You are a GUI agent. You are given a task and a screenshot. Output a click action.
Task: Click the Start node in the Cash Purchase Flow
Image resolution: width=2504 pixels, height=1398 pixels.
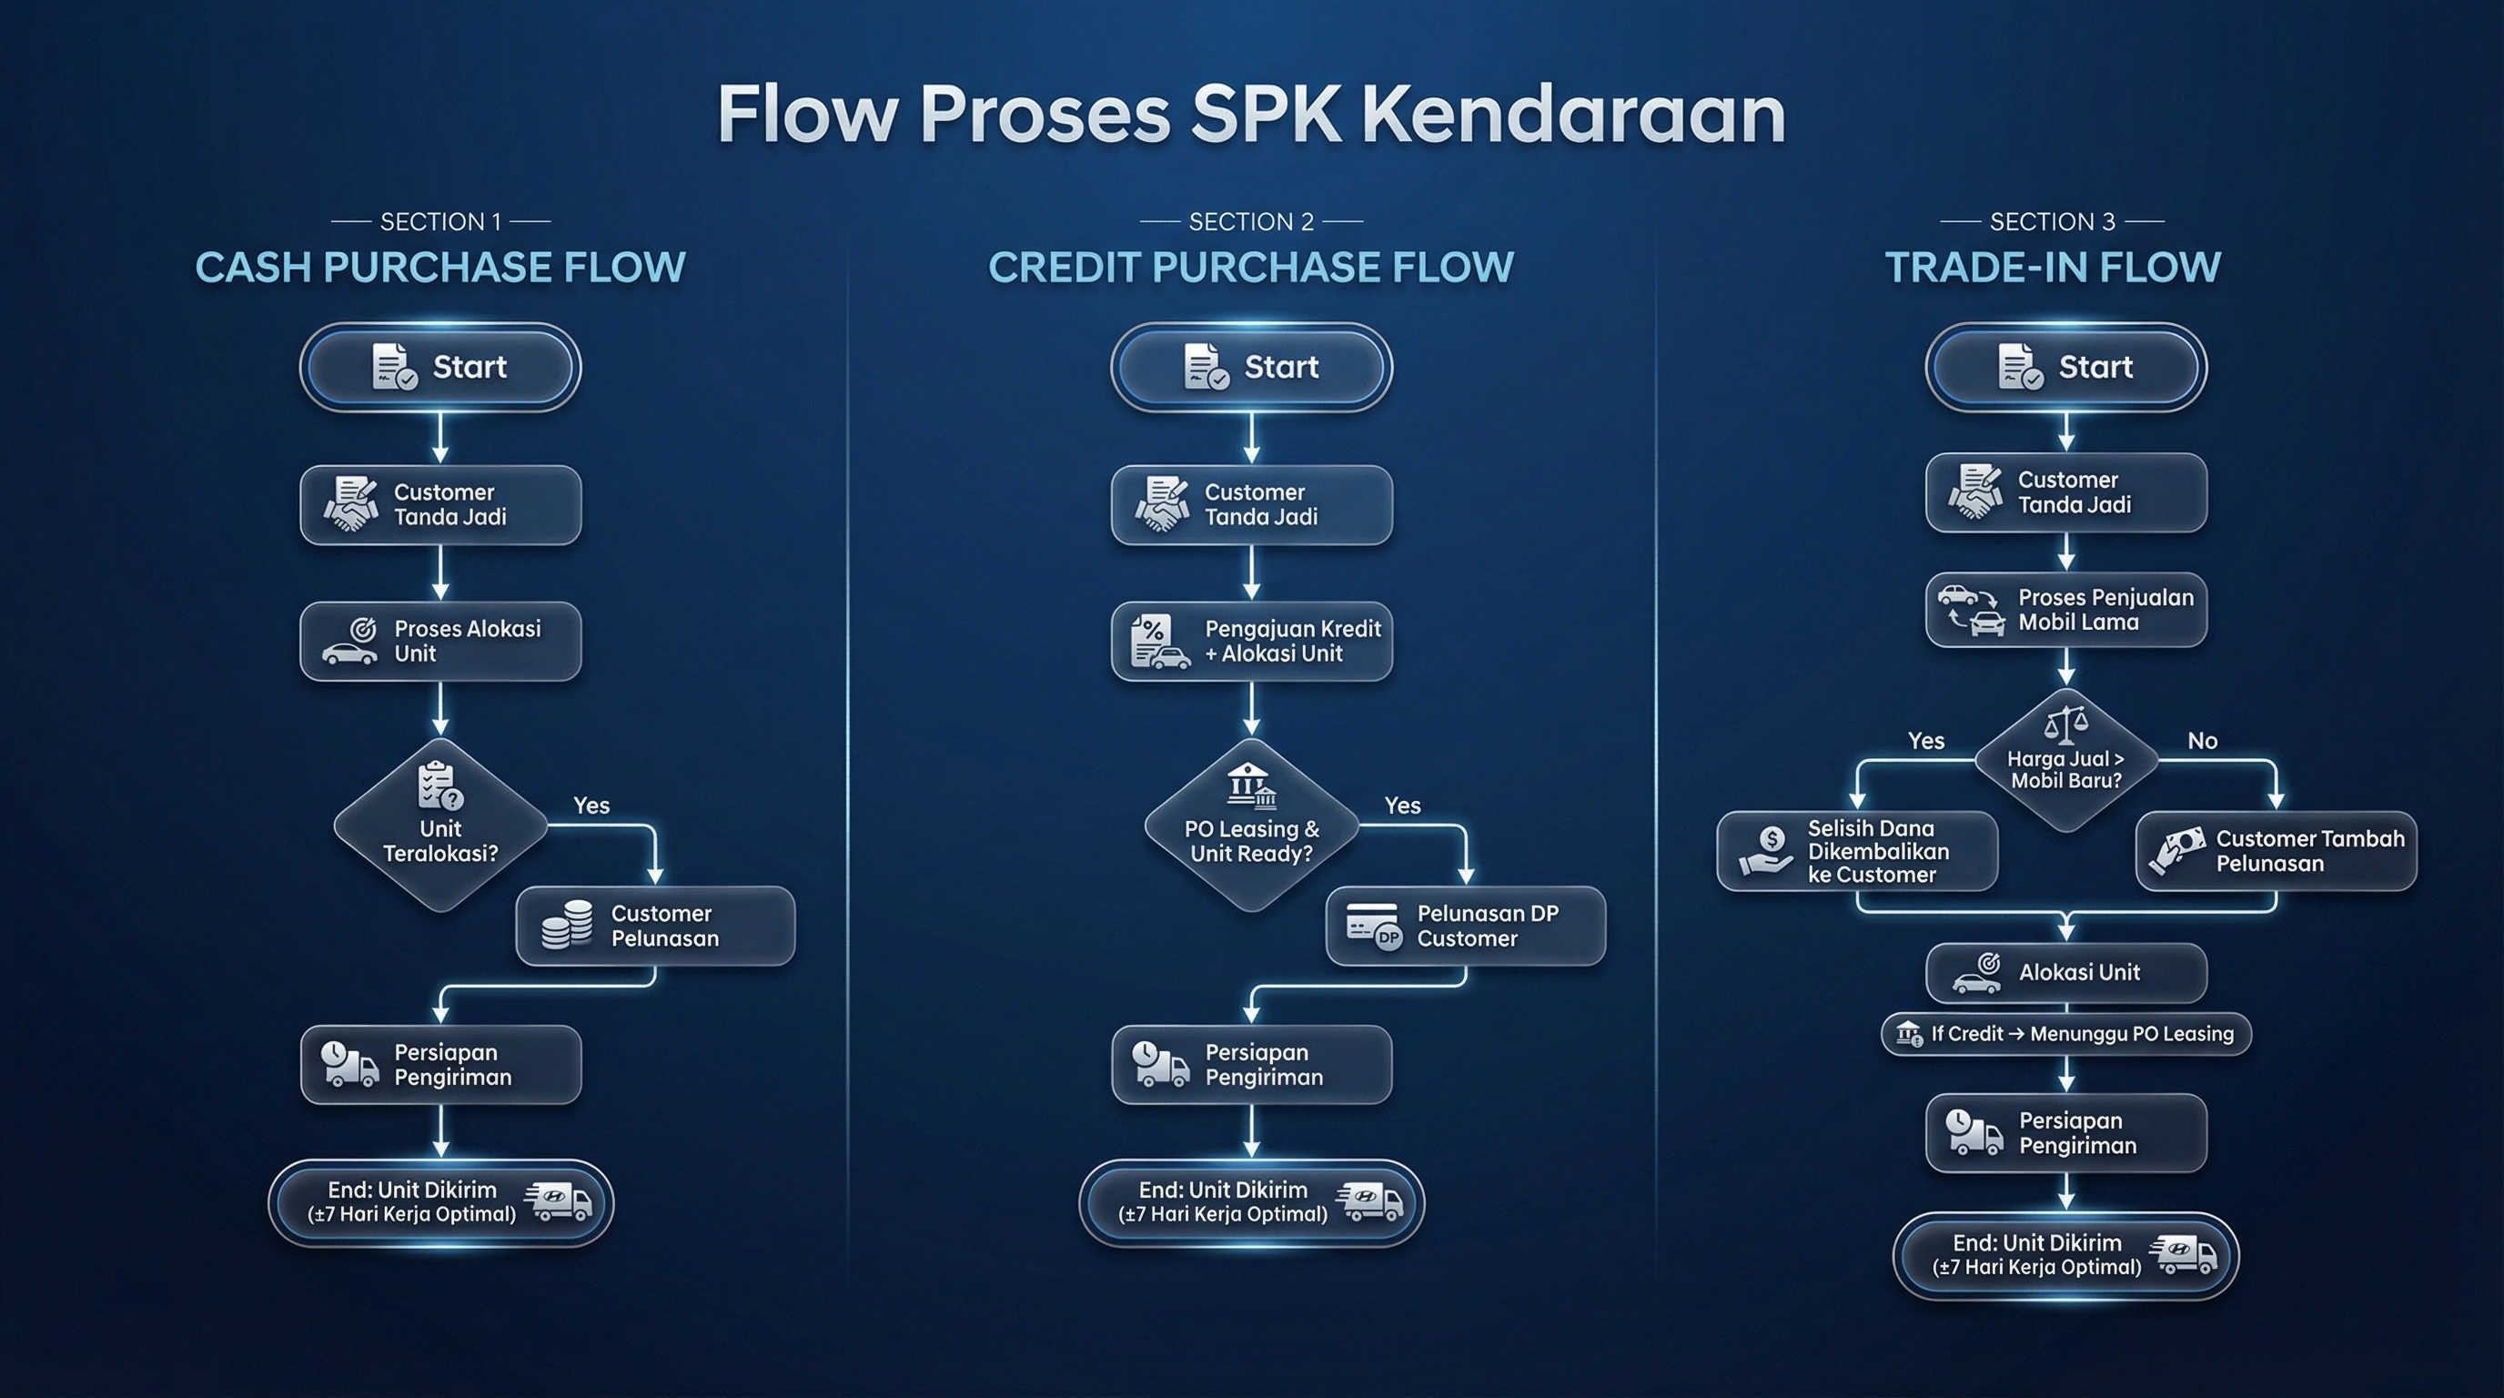point(440,368)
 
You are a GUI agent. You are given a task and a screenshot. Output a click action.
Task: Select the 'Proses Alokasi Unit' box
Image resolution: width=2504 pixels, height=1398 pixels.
point(440,642)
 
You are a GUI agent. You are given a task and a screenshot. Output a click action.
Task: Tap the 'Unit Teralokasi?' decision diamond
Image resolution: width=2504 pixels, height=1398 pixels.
point(440,826)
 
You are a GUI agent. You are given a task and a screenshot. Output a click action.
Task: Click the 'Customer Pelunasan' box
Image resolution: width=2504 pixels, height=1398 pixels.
point(655,926)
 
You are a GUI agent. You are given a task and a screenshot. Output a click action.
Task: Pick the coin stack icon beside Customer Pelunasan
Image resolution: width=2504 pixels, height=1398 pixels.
point(567,925)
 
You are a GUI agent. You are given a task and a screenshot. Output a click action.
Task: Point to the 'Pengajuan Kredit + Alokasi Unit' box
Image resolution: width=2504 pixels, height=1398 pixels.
point(1252,642)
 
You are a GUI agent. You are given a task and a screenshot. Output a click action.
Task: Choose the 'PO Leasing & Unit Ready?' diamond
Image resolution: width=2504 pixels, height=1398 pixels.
point(1252,826)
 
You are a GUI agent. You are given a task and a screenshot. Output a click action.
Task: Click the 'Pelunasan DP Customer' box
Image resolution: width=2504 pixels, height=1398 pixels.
point(1466,926)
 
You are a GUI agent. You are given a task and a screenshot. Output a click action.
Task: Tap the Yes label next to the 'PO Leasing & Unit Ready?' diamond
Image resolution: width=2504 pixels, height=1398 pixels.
point(1402,805)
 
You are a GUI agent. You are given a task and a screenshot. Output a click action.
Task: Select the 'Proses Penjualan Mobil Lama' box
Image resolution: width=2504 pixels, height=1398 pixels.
point(2066,610)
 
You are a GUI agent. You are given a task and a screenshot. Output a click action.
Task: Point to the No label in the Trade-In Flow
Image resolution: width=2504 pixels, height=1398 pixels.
point(2203,741)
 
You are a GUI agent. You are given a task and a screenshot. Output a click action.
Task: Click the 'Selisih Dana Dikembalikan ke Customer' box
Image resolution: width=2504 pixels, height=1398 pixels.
point(1858,852)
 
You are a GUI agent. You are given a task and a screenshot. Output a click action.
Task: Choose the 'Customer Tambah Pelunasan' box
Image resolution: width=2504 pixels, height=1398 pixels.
point(2276,852)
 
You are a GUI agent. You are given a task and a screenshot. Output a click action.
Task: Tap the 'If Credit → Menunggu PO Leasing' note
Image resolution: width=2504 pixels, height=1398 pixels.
point(2066,1033)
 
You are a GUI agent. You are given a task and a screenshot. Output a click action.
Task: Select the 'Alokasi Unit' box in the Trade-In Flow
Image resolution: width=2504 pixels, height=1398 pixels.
point(2066,972)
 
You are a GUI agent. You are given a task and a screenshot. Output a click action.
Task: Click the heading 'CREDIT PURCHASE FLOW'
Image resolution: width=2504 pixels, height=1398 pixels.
point(1251,268)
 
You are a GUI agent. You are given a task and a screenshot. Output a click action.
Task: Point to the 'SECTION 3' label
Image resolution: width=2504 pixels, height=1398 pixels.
point(2052,222)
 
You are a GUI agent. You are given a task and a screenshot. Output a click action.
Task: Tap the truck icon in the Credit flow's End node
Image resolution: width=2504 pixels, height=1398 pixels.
point(1370,1202)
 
